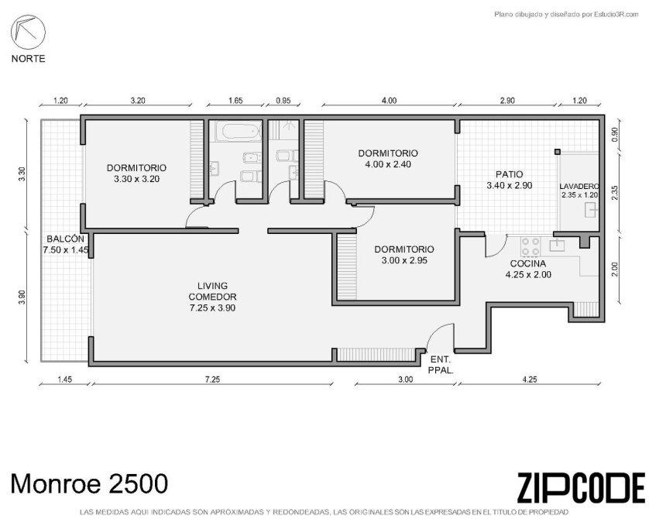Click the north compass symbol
(28, 33)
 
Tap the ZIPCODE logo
(581, 488)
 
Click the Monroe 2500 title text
(89, 483)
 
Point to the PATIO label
(509, 174)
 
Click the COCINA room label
(527, 263)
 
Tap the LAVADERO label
(579, 186)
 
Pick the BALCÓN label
(65, 239)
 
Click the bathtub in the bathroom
(238, 131)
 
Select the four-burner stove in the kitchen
(531, 246)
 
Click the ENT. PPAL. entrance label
(441, 365)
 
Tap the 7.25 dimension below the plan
(212, 379)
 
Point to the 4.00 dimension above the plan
(389, 101)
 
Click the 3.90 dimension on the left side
(22, 297)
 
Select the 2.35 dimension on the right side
(614, 193)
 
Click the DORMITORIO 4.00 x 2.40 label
(388, 159)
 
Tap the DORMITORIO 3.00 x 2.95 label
(404, 255)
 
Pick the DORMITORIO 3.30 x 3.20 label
(136, 174)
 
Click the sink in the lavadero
(591, 210)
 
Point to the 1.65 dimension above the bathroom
(235, 101)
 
